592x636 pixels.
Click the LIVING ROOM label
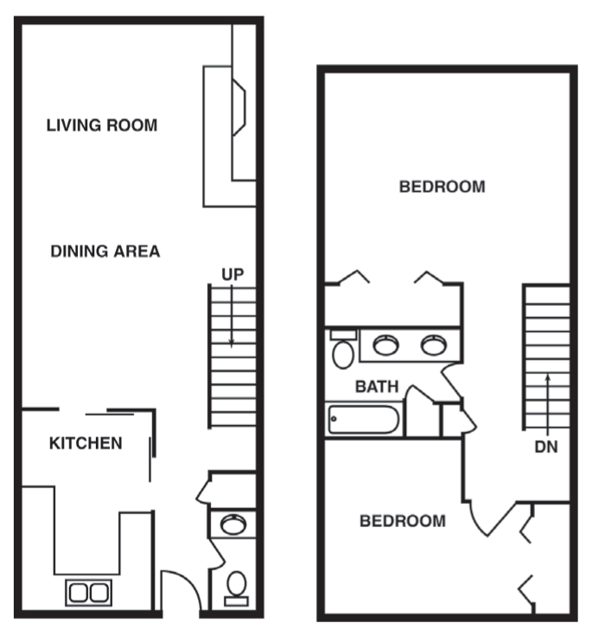pyautogui.click(x=102, y=125)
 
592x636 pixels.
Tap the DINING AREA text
pyautogui.click(x=105, y=251)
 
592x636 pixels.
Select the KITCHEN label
pyautogui.click(x=86, y=443)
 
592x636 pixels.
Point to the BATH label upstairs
pyautogui.click(x=377, y=387)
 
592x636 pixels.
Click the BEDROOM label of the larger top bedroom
pyautogui.click(x=442, y=187)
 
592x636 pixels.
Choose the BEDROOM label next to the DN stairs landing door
pyautogui.click(x=403, y=521)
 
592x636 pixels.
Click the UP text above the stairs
pyautogui.click(x=232, y=274)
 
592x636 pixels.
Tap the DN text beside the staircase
pyautogui.click(x=545, y=448)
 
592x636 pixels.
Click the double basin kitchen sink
pyautogui.click(x=88, y=593)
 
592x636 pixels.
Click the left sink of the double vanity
pyautogui.click(x=385, y=346)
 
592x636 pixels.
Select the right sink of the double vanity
pyautogui.click(x=432, y=346)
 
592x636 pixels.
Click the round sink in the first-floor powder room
pyautogui.click(x=232, y=524)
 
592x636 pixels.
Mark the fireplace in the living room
pyautogui.click(x=238, y=109)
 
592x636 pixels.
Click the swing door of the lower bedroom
pyautogui.click(x=488, y=518)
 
